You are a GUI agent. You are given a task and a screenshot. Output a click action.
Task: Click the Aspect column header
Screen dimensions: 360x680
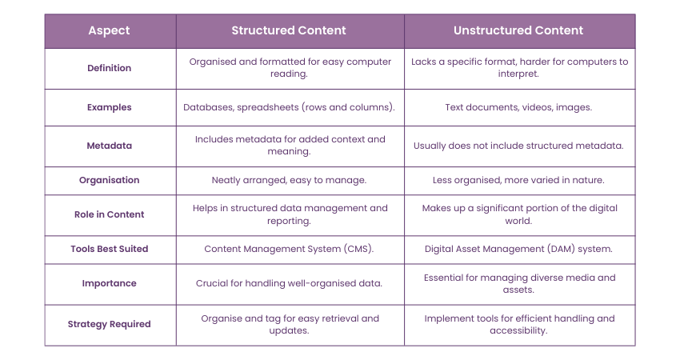[110, 30]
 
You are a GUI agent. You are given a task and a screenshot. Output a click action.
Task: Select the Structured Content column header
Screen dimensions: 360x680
[289, 30]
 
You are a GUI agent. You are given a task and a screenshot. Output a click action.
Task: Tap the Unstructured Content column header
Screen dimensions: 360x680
[518, 30]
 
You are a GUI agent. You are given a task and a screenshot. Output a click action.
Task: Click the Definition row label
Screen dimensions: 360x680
[110, 68]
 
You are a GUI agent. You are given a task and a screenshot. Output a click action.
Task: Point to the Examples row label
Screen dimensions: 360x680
[110, 107]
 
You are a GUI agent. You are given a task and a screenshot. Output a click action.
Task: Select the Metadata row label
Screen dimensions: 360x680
[110, 146]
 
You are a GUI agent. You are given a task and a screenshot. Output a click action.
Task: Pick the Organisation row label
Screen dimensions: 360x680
[110, 180]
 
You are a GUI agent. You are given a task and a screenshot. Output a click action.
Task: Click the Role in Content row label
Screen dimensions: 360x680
[110, 214]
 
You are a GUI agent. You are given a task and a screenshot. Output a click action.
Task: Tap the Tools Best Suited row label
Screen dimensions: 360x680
[110, 249]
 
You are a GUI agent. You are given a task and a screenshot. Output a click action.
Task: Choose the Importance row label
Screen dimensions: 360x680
[110, 283]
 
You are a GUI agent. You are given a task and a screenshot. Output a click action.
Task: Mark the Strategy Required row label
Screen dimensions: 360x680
[110, 324]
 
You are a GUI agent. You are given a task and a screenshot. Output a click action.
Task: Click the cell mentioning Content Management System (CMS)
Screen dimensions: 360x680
[290, 249]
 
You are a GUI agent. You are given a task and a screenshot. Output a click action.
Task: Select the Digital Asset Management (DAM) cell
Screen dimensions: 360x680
[518, 249]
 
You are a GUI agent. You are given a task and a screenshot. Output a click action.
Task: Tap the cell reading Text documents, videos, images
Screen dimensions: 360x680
[518, 107]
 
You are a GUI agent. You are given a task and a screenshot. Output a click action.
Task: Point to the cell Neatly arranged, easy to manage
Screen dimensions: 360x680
[290, 180]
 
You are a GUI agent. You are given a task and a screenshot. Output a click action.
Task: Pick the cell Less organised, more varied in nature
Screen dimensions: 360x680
[518, 180]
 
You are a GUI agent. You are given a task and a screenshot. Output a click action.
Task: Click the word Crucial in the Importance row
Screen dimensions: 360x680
[214, 283]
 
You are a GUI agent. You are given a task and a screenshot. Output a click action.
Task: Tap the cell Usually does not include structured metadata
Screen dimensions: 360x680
[518, 146]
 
